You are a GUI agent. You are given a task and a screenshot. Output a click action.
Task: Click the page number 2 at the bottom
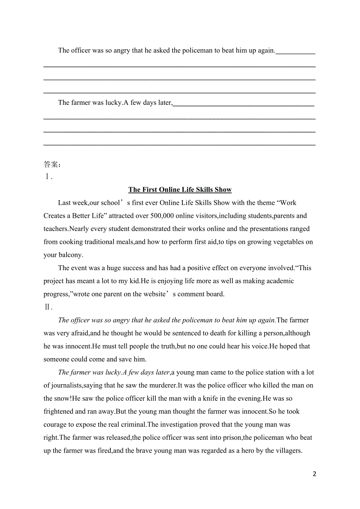pyautogui.click(x=315, y=474)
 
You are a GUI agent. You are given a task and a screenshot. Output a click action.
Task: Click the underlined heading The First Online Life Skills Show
pyautogui.click(x=180, y=190)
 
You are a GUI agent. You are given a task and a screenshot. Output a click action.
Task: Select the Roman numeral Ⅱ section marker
pyautogui.click(x=48, y=307)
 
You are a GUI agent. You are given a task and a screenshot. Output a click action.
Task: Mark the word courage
pyautogui.click(x=55, y=425)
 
